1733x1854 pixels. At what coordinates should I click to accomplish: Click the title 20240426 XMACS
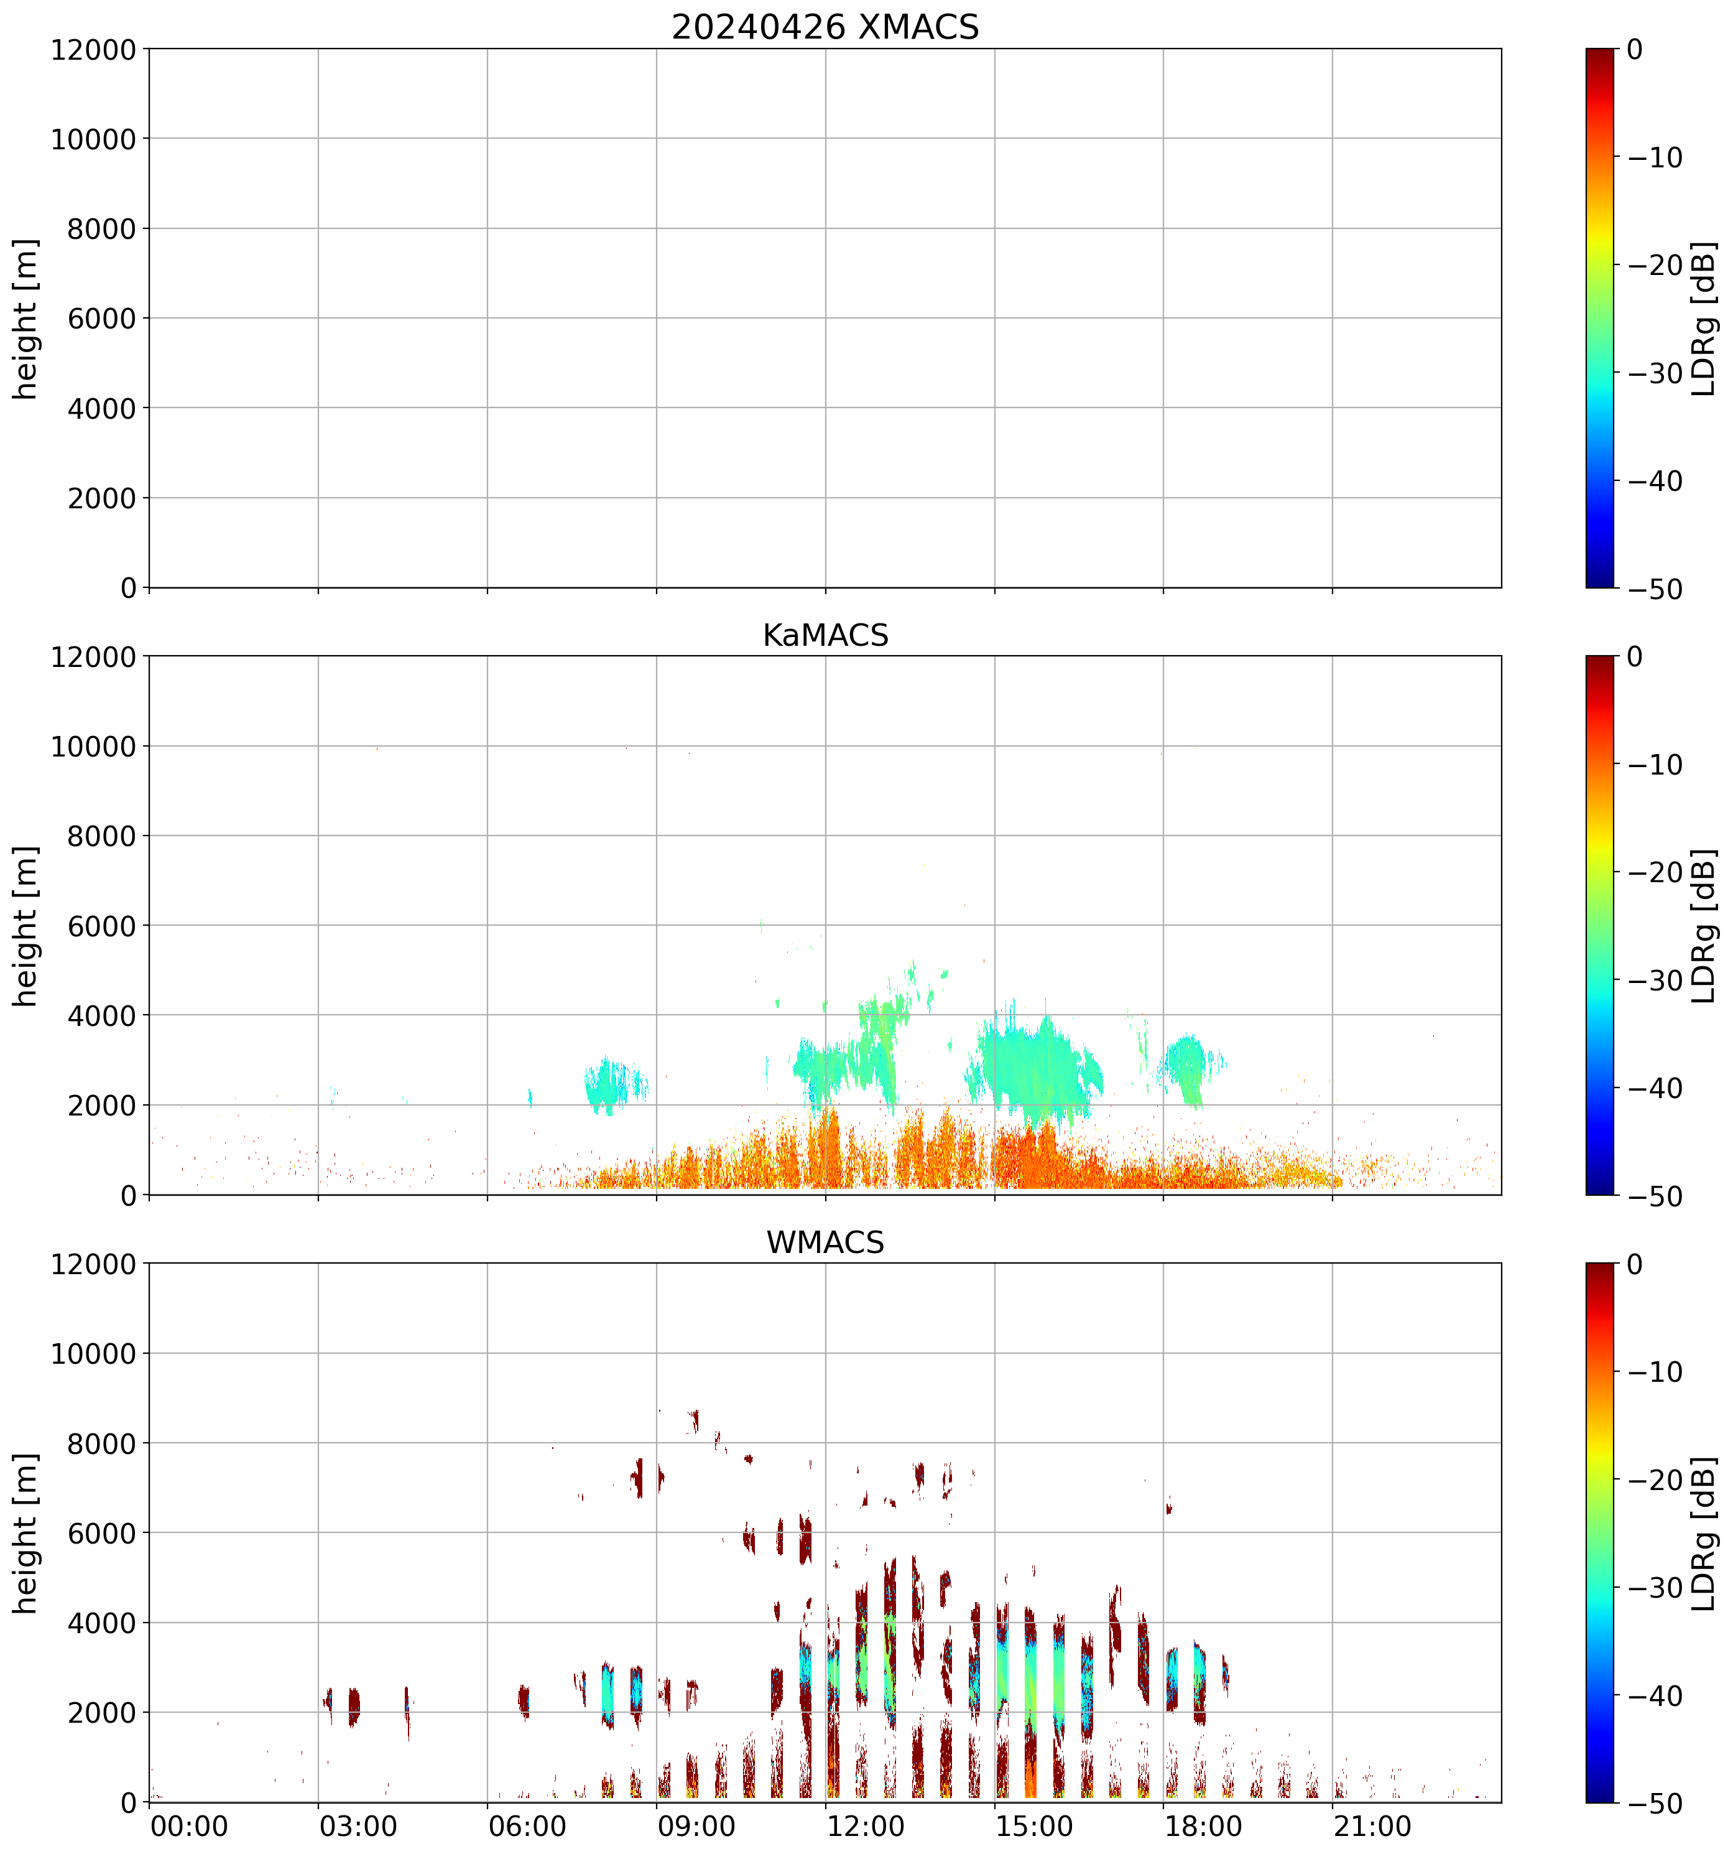pos(825,27)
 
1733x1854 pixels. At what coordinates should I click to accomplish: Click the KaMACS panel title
pos(825,635)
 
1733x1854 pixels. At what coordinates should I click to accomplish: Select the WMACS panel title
pos(825,1242)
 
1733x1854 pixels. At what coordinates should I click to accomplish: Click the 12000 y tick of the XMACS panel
pos(93,49)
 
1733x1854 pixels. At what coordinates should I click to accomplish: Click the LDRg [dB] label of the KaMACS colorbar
pos(1703,926)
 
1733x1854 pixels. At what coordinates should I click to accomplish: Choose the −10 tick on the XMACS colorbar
pos(1656,157)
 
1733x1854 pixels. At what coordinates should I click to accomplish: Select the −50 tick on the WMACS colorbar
pos(1656,1804)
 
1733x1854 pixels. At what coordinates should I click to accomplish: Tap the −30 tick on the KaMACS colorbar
pos(1656,980)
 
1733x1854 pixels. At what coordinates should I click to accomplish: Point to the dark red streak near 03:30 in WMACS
pos(353,1707)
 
